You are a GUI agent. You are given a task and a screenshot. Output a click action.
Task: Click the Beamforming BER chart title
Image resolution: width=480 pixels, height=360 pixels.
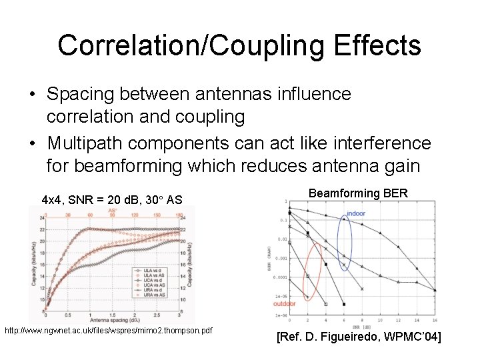click(x=358, y=193)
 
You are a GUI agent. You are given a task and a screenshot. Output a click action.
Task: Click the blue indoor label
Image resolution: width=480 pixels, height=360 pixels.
click(x=355, y=214)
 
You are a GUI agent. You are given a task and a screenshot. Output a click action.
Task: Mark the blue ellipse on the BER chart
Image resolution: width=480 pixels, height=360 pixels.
click(x=344, y=243)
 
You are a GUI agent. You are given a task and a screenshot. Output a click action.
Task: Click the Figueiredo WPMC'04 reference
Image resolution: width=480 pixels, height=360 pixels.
click(x=358, y=338)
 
